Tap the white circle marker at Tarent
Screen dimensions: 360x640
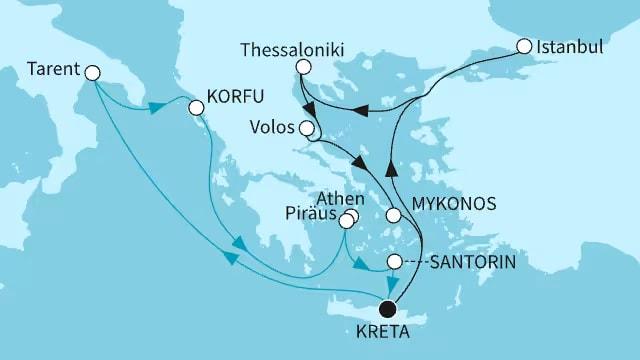93,72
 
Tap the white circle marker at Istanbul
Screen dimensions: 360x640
525,46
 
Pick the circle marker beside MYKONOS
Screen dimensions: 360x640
395,214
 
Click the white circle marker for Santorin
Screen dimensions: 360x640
395,262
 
